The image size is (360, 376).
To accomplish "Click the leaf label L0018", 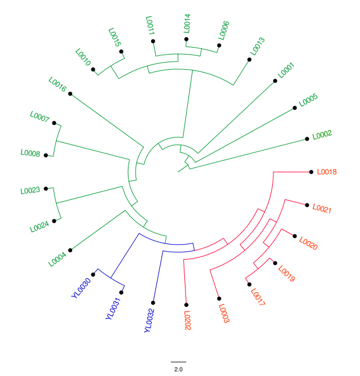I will (x=326, y=172).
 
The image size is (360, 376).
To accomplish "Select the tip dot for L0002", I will (x=306, y=139).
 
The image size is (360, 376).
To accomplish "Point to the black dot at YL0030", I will (x=93, y=274).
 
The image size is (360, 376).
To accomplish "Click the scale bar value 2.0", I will (x=179, y=369).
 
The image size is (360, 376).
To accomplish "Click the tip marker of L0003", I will (x=219, y=299).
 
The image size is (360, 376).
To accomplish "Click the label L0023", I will (x=30, y=191).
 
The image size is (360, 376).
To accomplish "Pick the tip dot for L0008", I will (x=46, y=155).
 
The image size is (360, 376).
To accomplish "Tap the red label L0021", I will (x=322, y=209).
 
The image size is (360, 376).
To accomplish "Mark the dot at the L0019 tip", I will (x=275, y=263).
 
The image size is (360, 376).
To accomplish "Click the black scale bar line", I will (x=179, y=362).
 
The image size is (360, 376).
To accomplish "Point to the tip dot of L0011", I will (x=153, y=41).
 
